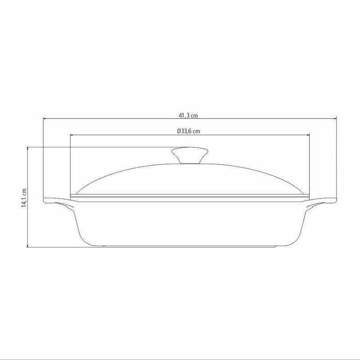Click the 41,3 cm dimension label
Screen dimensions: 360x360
point(188,115)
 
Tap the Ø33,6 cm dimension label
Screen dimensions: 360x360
point(188,131)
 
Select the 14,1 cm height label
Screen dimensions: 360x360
point(24,198)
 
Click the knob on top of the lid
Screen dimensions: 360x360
point(189,155)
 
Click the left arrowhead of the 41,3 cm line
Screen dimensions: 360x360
point(45,119)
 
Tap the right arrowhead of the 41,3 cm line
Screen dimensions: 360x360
point(335,119)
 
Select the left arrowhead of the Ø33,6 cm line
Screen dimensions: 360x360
point(72,135)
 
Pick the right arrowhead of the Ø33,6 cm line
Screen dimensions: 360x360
point(308,135)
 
